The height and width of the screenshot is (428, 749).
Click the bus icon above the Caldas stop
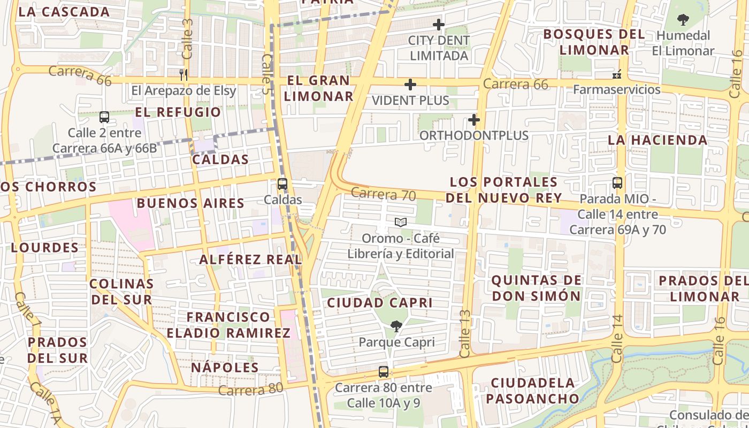click(x=282, y=184)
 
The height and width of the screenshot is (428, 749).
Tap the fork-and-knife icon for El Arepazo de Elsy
click(x=184, y=75)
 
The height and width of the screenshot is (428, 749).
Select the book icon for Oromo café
click(x=400, y=222)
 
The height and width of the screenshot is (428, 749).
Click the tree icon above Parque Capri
click(x=396, y=326)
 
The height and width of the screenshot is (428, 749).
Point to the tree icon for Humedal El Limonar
click(x=683, y=20)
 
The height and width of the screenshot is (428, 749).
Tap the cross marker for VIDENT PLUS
click(x=410, y=85)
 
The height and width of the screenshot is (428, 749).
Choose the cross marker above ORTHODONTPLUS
click(x=473, y=120)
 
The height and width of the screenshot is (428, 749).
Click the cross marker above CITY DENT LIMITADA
click(x=439, y=25)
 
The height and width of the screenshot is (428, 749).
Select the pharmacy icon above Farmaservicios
click(x=617, y=74)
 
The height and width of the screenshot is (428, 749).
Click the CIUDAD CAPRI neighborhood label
click(x=379, y=302)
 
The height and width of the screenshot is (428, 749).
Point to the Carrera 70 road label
click(x=384, y=194)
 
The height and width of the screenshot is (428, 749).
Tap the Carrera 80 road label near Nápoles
click(x=250, y=389)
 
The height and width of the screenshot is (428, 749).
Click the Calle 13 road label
click(x=464, y=334)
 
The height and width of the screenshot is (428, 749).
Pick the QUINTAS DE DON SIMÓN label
click(x=536, y=288)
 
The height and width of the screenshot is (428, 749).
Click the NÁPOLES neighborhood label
click(x=225, y=368)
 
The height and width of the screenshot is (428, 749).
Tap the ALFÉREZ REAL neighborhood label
click(x=250, y=259)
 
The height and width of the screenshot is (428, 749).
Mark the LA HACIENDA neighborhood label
click(x=658, y=140)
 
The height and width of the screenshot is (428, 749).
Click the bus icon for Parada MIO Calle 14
click(x=617, y=183)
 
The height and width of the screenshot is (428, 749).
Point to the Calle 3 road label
click(x=187, y=39)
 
